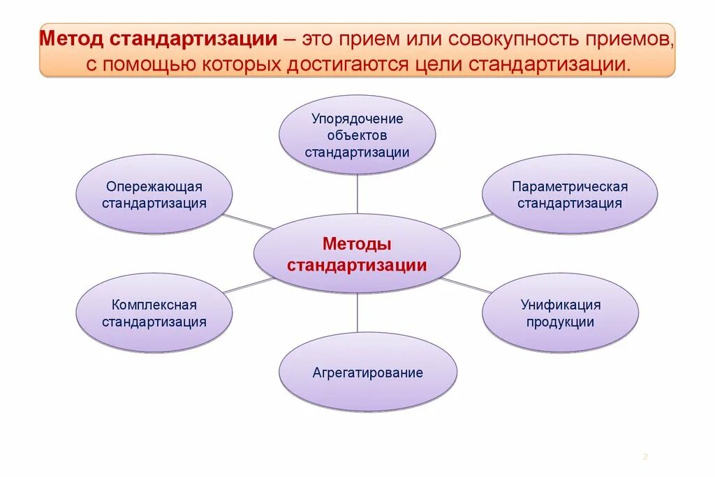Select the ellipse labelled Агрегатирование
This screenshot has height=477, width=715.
point(368,372)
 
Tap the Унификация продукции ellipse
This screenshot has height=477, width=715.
point(560,313)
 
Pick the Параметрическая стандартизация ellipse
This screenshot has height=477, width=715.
point(570,194)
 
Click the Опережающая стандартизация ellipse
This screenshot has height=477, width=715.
point(154,194)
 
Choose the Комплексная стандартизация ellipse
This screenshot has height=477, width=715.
point(154,313)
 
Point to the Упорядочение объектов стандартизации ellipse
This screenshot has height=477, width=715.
point(357,134)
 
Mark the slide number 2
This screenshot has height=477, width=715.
point(645,457)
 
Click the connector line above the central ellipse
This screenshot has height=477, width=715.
point(357,194)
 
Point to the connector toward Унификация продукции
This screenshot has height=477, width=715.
point(466,285)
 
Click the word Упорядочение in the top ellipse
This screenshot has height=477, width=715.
point(357,118)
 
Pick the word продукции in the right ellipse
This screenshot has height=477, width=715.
point(560,322)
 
